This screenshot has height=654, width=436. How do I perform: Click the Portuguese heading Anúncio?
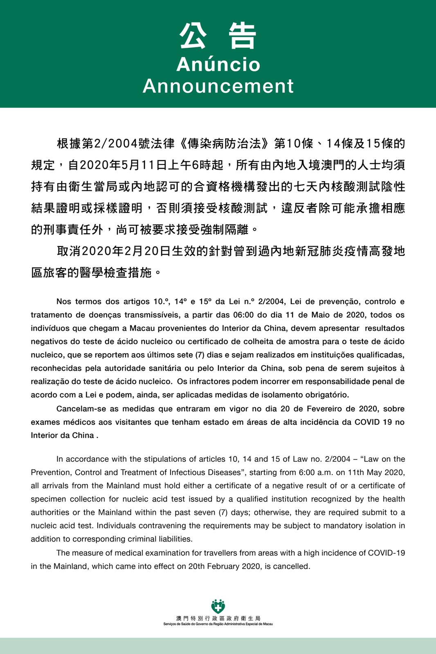(218, 65)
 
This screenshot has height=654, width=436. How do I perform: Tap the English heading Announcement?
(218, 86)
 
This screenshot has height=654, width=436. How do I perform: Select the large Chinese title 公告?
(218, 36)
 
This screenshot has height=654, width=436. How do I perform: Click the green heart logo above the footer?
(218, 606)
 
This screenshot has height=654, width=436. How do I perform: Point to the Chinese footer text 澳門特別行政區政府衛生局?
(218, 618)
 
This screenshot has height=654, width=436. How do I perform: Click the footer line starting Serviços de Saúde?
(218, 624)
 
